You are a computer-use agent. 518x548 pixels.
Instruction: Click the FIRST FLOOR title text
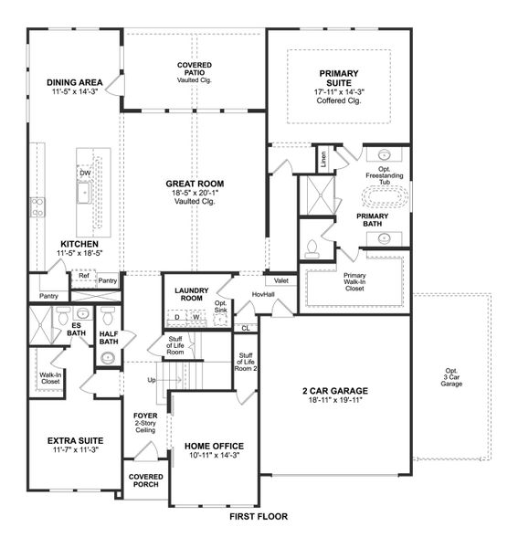pos(258,516)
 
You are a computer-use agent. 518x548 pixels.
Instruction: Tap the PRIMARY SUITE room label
pos(338,79)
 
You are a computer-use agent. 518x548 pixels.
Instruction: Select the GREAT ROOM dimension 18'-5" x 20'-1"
pos(195,195)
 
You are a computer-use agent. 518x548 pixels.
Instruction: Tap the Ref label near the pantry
pos(83,275)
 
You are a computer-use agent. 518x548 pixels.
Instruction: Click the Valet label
pos(281,280)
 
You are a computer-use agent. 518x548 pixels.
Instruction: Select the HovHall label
pos(263,294)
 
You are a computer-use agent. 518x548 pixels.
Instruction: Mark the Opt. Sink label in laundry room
pos(220,306)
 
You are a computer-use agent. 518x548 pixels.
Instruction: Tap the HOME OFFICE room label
pos(214,446)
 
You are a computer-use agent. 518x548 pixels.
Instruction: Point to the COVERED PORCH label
pos(145,480)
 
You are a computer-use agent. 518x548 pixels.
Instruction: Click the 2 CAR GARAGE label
pos(335,391)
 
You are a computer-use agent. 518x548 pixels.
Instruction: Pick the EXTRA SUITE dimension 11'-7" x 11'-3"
pos(72,450)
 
